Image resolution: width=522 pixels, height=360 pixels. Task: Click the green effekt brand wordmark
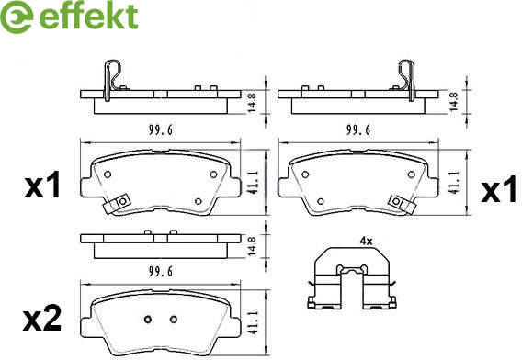pyautogui.click(x=88, y=16)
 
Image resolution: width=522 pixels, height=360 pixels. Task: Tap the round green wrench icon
pyautogui.click(x=17, y=17)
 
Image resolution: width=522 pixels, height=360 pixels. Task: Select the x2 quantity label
pyautogui.click(x=42, y=319)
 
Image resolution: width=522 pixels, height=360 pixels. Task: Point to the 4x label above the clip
pyautogui.click(x=366, y=242)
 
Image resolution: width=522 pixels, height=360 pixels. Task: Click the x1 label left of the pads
pyautogui.click(x=42, y=186)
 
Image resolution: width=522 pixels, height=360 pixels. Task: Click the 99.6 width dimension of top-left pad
pyautogui.click(x=161, y=130)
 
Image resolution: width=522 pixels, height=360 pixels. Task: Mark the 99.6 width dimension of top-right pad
pyautogui.click(x=358, y=129)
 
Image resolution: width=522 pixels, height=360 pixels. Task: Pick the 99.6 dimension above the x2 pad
pyautogui.click(x=161, y=272)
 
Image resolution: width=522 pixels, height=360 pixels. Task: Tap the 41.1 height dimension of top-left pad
pyautogui.click(x=253, y=183)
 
